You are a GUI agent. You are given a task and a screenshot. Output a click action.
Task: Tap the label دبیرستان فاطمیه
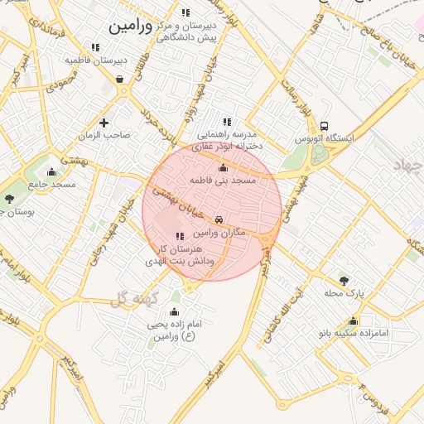coord(97,60)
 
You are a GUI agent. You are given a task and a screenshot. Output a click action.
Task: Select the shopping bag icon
coord(121,79)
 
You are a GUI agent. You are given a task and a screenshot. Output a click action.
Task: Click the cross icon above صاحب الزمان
coord(104,123)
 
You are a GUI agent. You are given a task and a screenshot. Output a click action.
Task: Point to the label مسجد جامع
coord(52,184)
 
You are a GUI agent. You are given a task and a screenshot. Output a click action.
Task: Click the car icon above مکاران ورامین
coord(219,221)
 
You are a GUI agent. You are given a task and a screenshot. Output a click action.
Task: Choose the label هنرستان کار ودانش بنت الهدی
coord(186,254)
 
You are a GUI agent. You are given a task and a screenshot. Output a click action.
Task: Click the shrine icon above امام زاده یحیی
coord(174,312)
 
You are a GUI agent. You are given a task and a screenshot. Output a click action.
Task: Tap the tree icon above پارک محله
coord(344,280)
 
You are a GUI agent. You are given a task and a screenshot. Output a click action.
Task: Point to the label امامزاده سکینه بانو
coord(354,334)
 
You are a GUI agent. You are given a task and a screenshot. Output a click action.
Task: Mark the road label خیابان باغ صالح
coord(394,51)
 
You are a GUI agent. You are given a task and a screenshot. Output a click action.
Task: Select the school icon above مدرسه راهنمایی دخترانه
coord(227,122)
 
